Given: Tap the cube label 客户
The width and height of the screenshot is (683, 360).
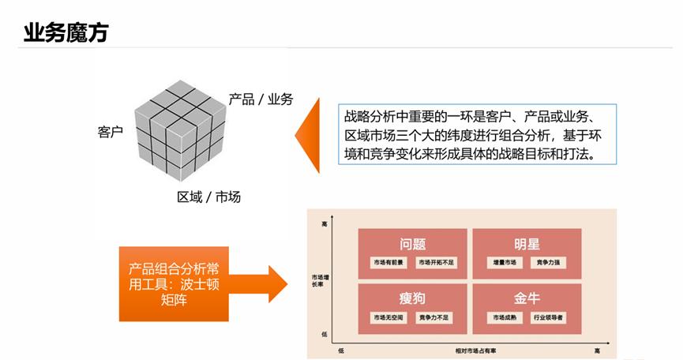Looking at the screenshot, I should [x=111, y=132].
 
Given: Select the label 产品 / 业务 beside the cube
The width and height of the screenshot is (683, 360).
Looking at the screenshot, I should [x=261, y=99].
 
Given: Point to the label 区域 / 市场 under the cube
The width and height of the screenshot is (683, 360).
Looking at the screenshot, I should [x=208, y=197].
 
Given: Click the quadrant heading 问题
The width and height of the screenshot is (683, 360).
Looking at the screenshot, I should [x=413, y=243].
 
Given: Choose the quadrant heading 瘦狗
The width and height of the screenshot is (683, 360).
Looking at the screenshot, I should [x=413, y=298].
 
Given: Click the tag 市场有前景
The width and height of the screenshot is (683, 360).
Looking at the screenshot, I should [x=388, y=263].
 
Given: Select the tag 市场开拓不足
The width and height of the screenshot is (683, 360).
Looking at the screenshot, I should [x=437, y=263].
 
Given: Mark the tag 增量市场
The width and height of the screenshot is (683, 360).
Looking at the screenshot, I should [x=503, y=263].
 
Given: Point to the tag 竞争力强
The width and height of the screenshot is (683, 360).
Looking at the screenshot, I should [x=550, y=263].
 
